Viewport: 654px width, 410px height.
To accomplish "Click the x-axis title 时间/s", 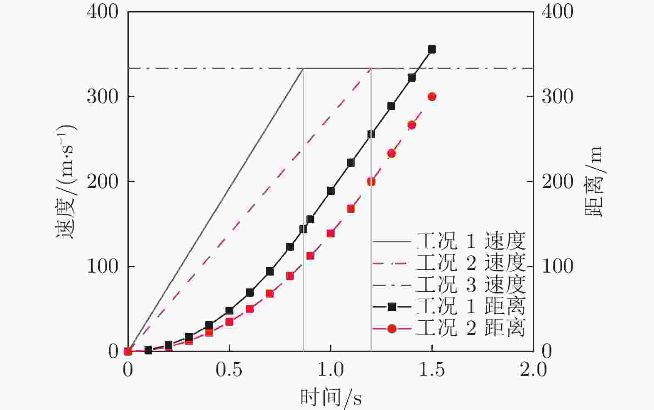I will pyautogui.click(x=331, y=398).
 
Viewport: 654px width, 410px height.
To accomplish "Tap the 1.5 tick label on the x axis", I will pyautogui.click(x=432, y=370).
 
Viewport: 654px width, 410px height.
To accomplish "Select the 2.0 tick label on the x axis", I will pyautogui.click(x=533, y=370).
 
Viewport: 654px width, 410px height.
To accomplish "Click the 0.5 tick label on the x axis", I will pyautogui.click(x=229, y=370).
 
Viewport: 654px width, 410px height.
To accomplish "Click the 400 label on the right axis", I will pyautogui.click(x=557, y=12).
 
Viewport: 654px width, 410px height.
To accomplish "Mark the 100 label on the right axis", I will pyautogui.click(x=557, y=266).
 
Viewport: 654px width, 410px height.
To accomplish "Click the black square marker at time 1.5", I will pyautogui.click(x=432, y=50).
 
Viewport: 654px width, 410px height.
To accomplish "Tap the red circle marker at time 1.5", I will pyautogui.click(x=432, y=97).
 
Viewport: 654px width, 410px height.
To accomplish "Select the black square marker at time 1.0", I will pyautogui.click(x=331, y=191).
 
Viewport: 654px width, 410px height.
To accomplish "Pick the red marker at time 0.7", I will pyautogui.click(x=270, y=293).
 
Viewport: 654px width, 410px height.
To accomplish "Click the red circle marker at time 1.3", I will pyautogui.click(x=391, y=154).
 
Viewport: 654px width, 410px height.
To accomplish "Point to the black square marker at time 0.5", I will pyautogui.click(x=229, y=310).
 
